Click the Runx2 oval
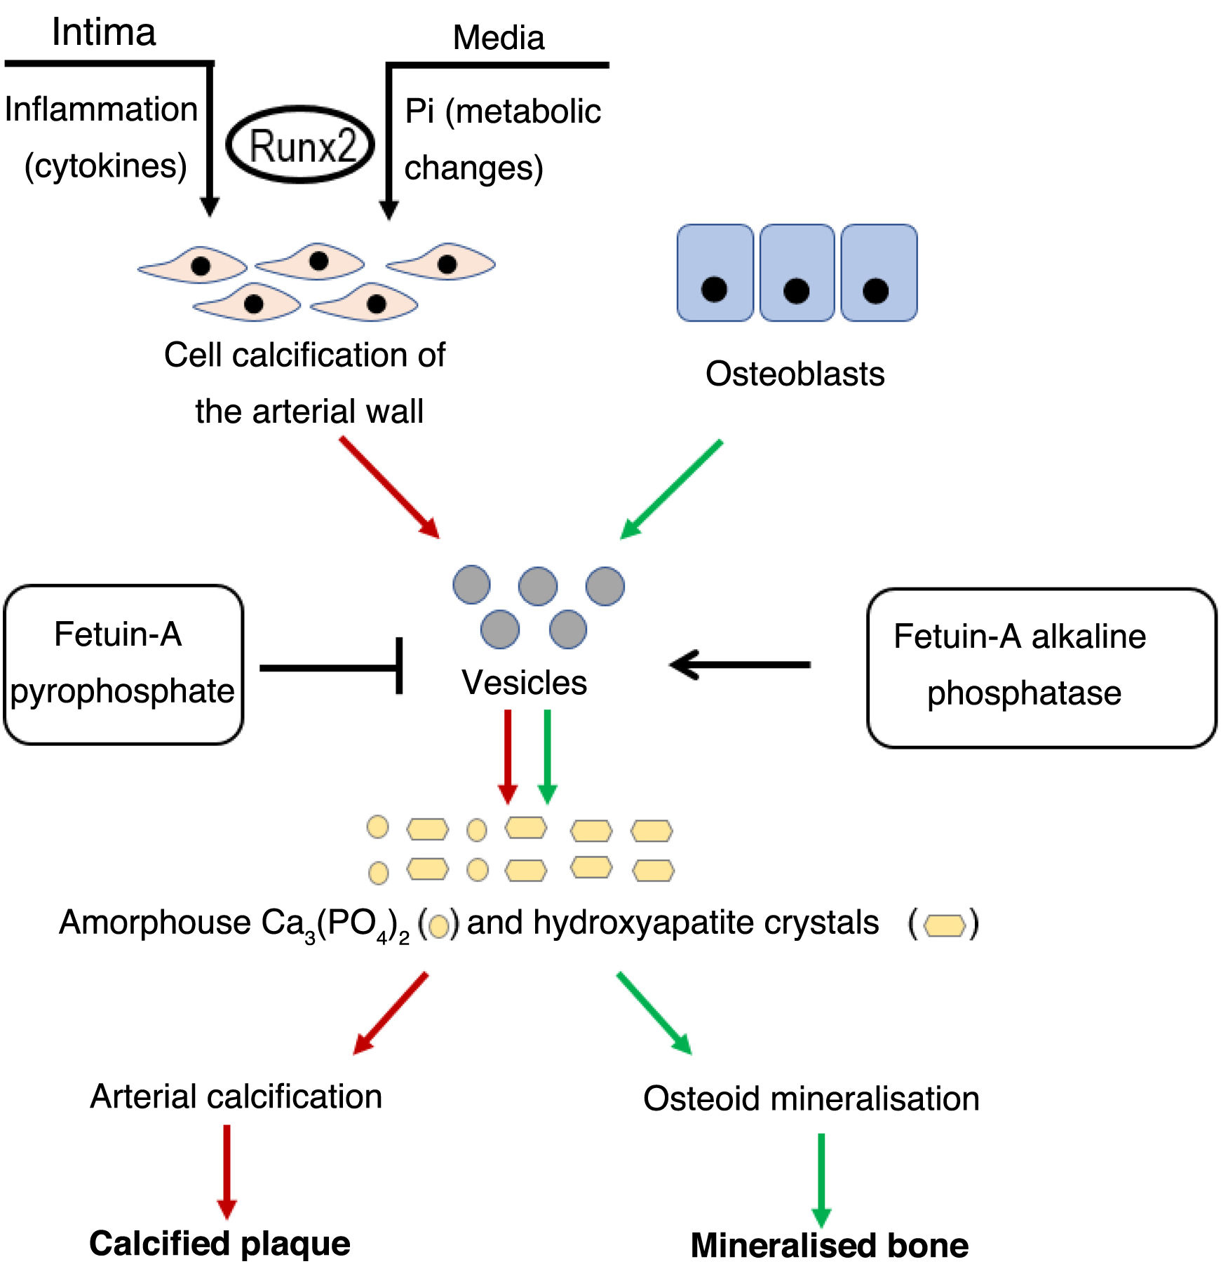pyautogui.click(x=300, y=146)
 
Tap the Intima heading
pyautogui.click(x=104, y=32)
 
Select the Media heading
pyautogui.click(x=499, y=38)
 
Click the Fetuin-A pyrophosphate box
pyautogui.click(x=123, y=664)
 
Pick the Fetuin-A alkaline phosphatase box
pyautogui.click(x=1041, y=667)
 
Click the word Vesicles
pyautogui.click(x=524, y=683)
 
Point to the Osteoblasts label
pyautogui.click(x=795, y=374)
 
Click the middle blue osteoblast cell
pyautogui.click(x=797, y=273)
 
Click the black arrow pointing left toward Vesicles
pyautogui.click(x=740, y=664)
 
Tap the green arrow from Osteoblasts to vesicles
pyautogui.click(x=671, y=489)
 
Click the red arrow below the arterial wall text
pyautogui.click(x=389, y=487)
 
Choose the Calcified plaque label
pyautogui.click(x=220, y=1243)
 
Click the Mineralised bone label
pyautogui.click(x=829, y=1245)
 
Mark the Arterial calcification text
pyautogui.click(x=236, y=1096)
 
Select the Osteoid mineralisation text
pyautogui.click(x=811, y=1099)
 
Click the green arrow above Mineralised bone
pyautogui.click(x=821, y=1178)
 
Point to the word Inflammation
pyautogui.click(x=101, y=109)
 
